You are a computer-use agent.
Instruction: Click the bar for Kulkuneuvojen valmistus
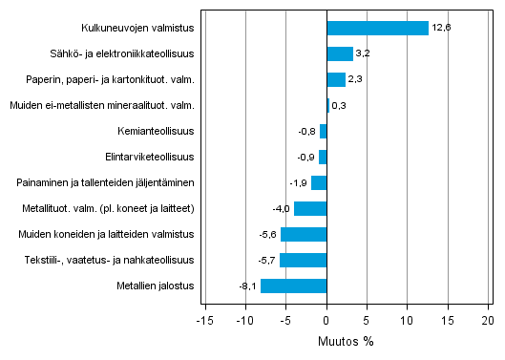377,28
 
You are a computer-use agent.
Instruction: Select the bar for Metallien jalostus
293,286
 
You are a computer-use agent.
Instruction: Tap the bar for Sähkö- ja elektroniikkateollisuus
340,53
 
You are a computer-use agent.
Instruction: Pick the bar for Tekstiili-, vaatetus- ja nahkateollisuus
303,260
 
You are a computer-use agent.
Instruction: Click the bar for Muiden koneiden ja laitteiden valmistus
304,234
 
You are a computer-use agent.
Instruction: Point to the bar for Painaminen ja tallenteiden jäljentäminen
319,182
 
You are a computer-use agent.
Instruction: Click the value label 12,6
441,28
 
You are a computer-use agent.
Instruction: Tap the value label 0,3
339,105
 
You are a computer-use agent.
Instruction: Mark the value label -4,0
282,208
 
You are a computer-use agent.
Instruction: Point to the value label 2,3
358,79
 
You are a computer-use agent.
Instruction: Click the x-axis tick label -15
204,321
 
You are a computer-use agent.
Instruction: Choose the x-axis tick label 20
488,321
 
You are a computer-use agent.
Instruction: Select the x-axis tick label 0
326,321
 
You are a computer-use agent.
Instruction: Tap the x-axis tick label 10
407,321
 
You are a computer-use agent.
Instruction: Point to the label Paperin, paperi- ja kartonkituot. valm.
121,79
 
